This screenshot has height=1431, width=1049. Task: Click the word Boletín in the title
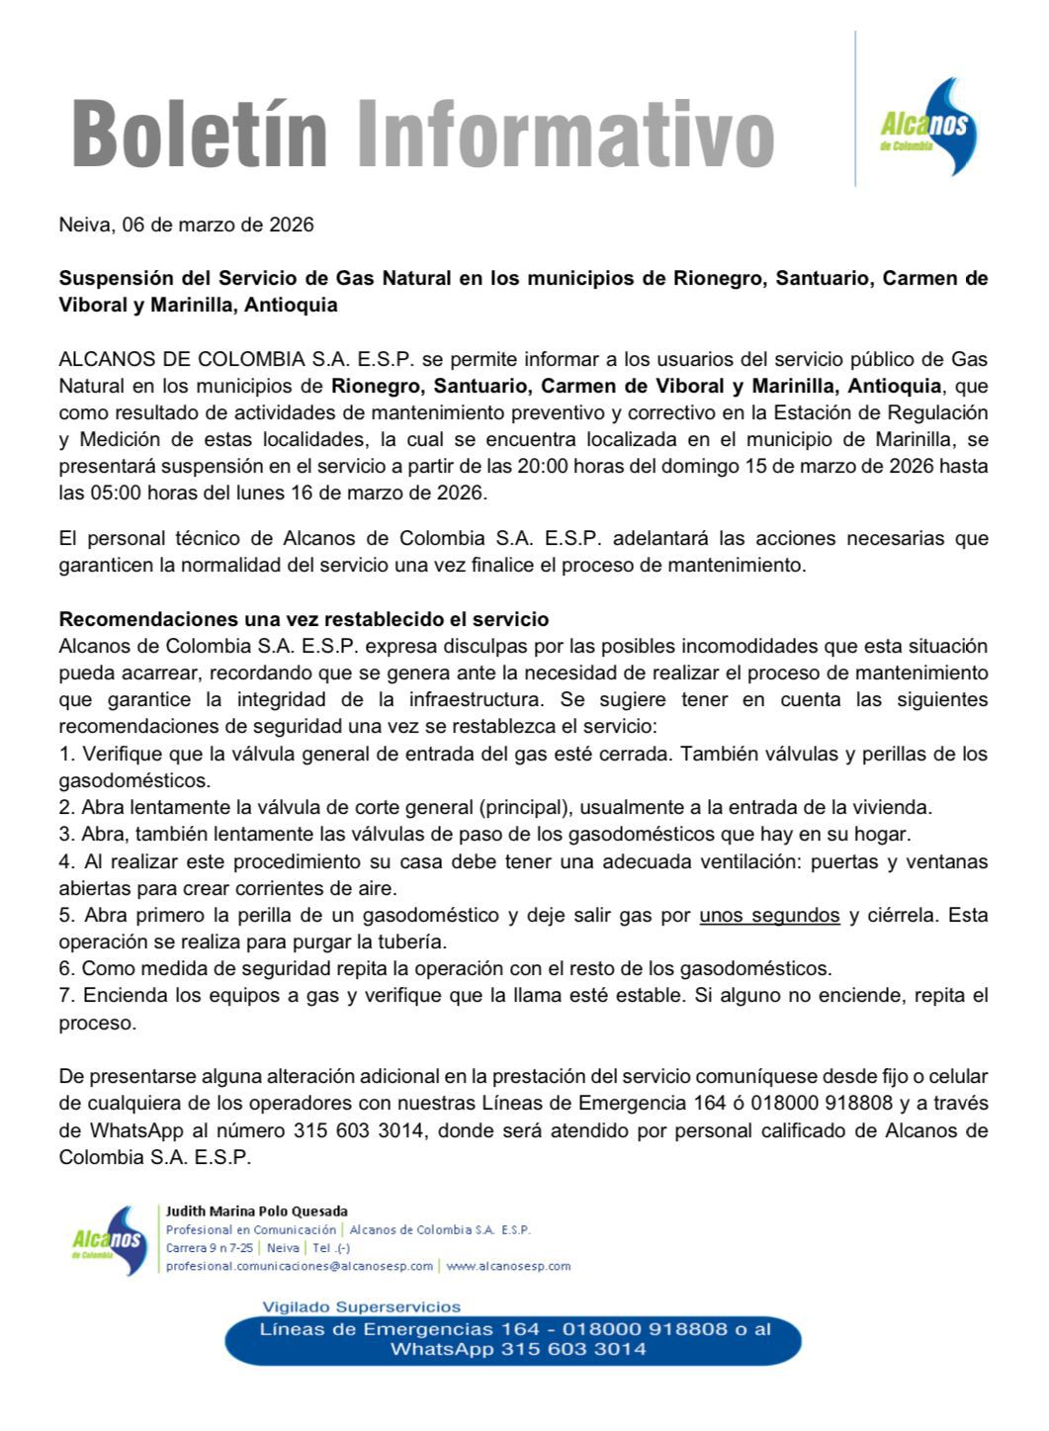click(200, 134)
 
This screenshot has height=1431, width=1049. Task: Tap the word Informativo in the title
click(565, 134)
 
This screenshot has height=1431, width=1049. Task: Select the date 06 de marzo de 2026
click(218, 224)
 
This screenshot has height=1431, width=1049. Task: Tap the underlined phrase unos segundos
click(769, 915)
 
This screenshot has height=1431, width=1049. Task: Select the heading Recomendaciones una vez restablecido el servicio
click(304, 620)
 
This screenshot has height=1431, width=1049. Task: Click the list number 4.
click(65, 861)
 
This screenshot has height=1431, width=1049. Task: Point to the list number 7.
click(65, 995)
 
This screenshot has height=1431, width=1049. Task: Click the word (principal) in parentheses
click(527, 807)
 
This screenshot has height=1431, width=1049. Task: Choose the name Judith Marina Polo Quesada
click(257, 1211)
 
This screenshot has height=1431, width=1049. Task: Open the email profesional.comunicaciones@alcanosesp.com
click(300, 1266)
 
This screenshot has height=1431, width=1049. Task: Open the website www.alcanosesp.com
click(508, 1266)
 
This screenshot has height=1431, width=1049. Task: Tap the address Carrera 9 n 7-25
click(210, 1248)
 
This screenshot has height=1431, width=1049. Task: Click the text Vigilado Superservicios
click(361, 1306)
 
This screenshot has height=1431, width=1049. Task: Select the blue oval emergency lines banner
click(514, 1339)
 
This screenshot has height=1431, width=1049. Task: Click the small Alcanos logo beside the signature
click(110, 1239)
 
